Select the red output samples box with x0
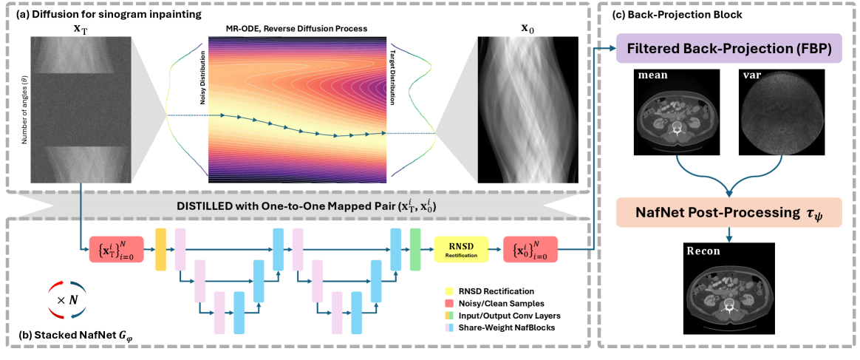tap(530, 250)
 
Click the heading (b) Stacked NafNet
tap(71, 342)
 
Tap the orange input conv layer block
tap(160, 249)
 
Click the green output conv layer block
tap(414, 249)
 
